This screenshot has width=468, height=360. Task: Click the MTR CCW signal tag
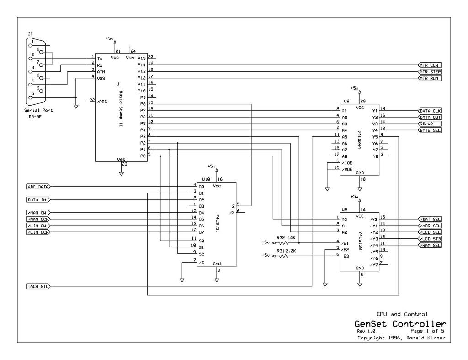tap(430, 65)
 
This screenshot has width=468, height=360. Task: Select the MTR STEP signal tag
tap(430, 72)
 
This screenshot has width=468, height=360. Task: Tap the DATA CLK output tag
tap(430, 111)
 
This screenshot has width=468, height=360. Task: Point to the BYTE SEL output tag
tap(430, 130)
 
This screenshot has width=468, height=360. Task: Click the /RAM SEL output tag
tap(430, 245)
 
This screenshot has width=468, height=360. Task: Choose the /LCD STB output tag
tap(430, 239)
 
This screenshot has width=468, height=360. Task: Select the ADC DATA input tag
tap(38, 187)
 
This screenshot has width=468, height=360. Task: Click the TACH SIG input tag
tap(38, 286)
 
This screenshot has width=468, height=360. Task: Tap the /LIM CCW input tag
tap(38, 232)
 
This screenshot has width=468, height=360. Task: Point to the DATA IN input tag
tap(38, 199)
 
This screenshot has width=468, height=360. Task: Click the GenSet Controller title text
tap(400, 324)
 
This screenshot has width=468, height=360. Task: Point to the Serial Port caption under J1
tap(38, 110)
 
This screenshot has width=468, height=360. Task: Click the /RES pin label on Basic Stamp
tap(102, 102)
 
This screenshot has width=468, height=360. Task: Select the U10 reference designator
tap(206, 179)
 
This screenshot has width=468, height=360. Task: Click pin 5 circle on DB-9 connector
tap(30, 97)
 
